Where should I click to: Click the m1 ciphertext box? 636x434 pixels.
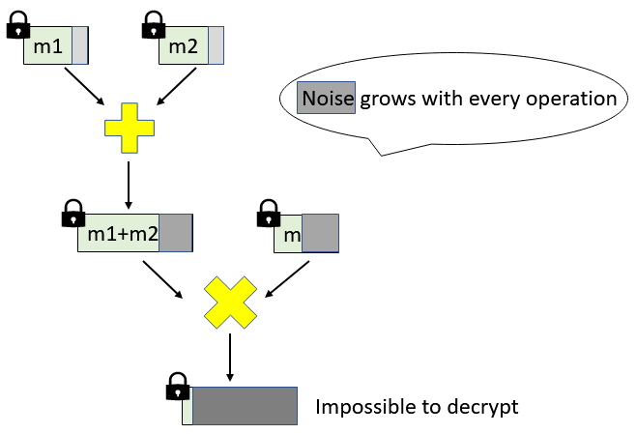[55, 46]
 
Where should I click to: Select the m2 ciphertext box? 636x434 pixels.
[191, 46]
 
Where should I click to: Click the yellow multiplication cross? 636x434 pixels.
[229, 302]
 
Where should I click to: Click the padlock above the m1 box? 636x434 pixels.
[18, 26]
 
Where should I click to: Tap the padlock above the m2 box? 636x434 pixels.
[154, 26]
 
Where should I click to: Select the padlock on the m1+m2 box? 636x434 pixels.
[72, 213]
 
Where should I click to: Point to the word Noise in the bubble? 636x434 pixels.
[328, 99]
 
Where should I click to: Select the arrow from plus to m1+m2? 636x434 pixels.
[129, 183]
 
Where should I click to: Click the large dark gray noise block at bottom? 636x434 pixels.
[245, 406]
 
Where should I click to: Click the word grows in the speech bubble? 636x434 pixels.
[385, 99]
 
